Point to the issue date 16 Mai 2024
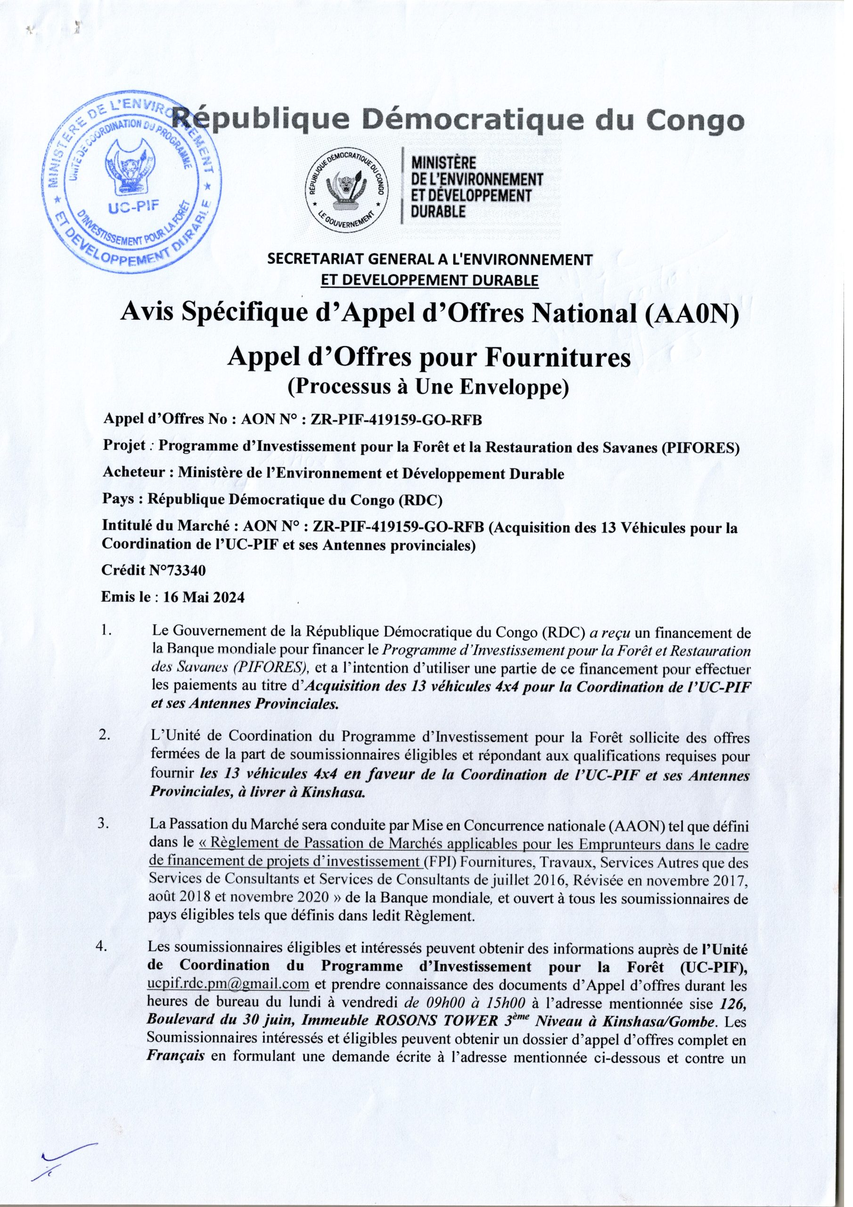tap(204, 598)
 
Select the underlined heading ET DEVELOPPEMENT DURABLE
tap(430, 281)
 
